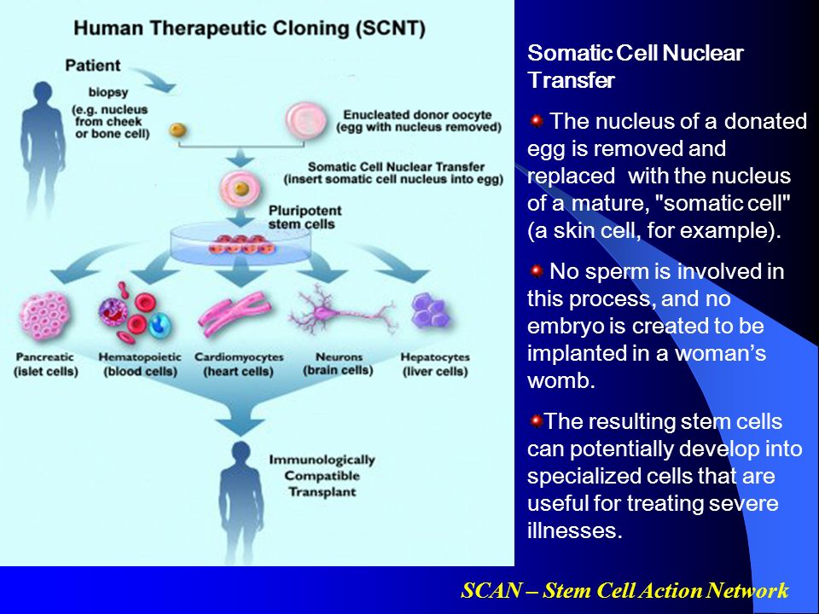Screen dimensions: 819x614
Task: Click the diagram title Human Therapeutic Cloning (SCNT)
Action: point(250,28)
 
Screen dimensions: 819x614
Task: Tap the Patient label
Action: point(92,66)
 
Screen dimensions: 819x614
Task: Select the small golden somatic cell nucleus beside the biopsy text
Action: point(178,130)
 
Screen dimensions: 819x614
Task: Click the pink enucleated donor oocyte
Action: point(306,120)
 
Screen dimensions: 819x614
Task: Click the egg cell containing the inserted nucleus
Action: point(241,188)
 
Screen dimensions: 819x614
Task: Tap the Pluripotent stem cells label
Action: point(305,217)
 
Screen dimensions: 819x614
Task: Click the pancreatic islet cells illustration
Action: point(44,315)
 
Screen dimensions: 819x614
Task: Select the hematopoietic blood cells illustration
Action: point(134,312)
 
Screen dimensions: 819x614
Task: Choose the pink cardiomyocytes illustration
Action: point(235,313)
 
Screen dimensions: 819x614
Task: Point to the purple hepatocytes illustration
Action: point(431,313)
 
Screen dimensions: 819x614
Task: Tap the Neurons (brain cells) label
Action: point(338,364)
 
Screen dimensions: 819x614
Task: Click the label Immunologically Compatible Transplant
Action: point(322,476)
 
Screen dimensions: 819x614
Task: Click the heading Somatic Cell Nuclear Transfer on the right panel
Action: point(635,67)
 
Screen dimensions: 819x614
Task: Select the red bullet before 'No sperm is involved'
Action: point(536,271)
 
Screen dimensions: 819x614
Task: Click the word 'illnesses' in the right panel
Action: point(574,530)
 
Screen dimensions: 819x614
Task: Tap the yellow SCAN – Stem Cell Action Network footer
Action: point(624,590)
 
